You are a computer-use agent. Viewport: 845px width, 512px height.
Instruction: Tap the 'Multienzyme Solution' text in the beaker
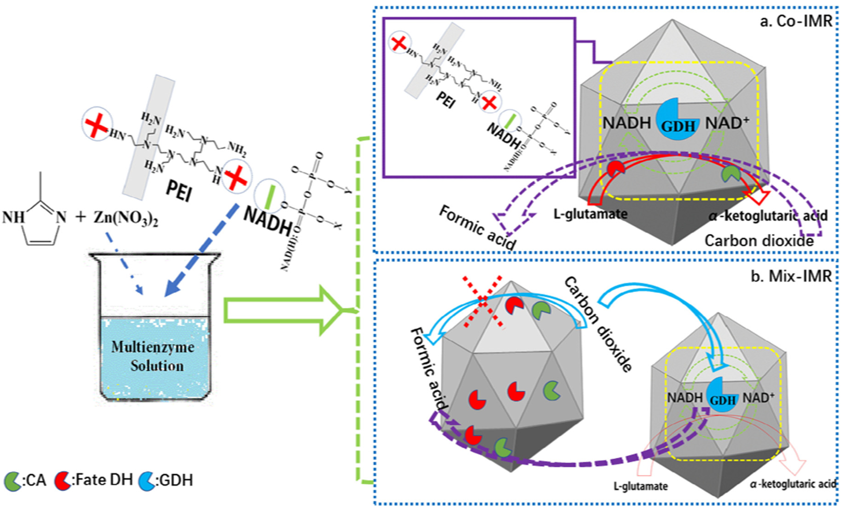pyautogui.click(x=154, y=356)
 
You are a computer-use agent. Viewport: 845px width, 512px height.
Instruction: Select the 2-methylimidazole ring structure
pyautogui.click(x=37, y=221)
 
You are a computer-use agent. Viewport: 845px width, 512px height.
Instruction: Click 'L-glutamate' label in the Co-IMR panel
pyautogui.click(x=590, y=214)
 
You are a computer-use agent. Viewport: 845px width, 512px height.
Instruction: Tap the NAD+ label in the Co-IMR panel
pyautogui.click(x=727, y=123)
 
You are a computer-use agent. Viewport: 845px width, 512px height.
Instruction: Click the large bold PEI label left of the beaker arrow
pyautogui.click(x=178, y=190)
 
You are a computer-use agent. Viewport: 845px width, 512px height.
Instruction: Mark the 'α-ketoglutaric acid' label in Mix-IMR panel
pyautogui.click(x=792, y=484)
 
